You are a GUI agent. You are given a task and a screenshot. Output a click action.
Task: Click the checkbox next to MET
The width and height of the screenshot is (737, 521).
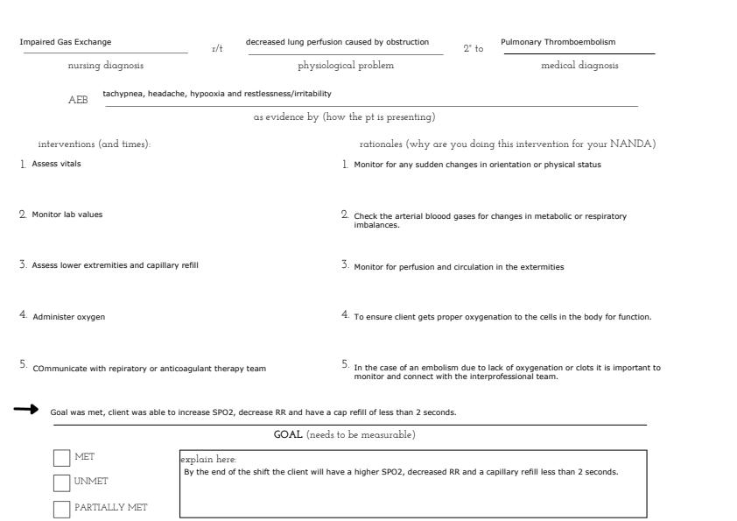tap(61, 458)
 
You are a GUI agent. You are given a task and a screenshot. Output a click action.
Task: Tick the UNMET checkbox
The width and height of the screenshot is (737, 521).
tap(61, 482)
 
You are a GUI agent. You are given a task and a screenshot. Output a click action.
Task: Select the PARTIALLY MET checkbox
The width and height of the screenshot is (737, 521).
tap(61, 509)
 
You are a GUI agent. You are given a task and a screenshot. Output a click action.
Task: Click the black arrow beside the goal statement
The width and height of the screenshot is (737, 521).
tap(26, 409)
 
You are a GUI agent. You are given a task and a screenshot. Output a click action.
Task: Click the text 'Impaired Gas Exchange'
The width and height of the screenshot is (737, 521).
tap(66, 42)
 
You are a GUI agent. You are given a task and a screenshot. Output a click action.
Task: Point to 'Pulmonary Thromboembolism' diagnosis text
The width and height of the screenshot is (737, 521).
tap(558, 42)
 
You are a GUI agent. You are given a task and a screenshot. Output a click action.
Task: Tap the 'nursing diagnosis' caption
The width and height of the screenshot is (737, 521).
tap(106, 66)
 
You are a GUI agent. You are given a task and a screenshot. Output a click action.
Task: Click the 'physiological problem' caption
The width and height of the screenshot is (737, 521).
tap(346, 66)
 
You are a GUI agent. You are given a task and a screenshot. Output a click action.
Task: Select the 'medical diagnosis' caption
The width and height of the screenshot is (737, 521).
tap(579, 66)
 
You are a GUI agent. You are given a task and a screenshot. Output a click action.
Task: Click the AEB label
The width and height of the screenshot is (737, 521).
tap(78, 101)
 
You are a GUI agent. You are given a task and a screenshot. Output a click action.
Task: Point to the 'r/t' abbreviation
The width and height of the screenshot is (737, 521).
tap(217, 49)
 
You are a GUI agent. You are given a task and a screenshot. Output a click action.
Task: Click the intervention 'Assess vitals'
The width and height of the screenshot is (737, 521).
tap(56, 164)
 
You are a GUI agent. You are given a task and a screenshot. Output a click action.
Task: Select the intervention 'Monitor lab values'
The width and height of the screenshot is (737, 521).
tap(67, 215)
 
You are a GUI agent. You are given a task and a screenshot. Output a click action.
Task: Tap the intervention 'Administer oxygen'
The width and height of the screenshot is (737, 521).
tap(69, 317)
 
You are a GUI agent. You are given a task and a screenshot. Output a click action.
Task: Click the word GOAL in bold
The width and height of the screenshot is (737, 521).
tap(288, 435)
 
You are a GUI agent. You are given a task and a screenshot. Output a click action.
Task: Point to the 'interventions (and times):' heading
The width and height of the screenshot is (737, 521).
tap(95, 144)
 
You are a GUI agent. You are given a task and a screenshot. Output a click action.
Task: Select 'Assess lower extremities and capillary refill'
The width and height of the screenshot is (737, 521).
tap(116, 265)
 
